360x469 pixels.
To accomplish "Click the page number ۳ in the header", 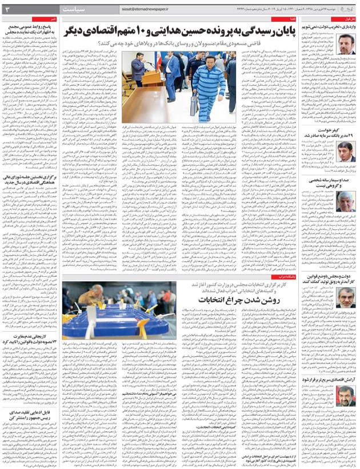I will tap(8, 9).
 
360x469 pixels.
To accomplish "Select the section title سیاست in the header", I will tap(85, 9).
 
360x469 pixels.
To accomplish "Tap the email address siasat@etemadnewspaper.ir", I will tap(150, 9).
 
